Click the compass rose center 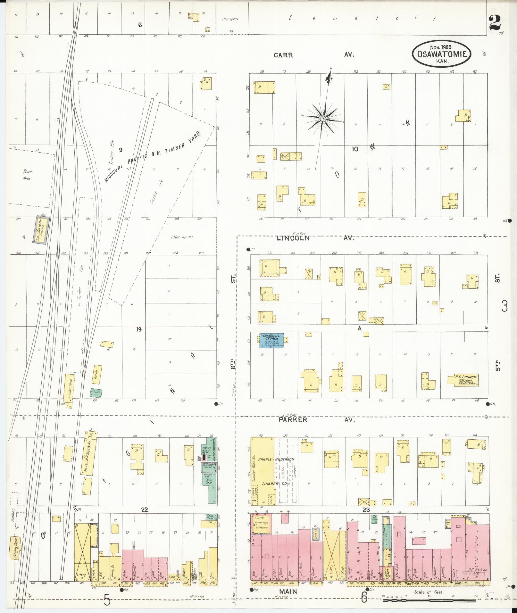coord(323,119)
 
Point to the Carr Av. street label coord(314,55)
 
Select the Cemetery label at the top coord(362,19)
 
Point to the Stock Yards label coord(26,175)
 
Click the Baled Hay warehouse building coord(41,228)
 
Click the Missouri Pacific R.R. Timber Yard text coord(152,157)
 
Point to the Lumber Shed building coord(69,391)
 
